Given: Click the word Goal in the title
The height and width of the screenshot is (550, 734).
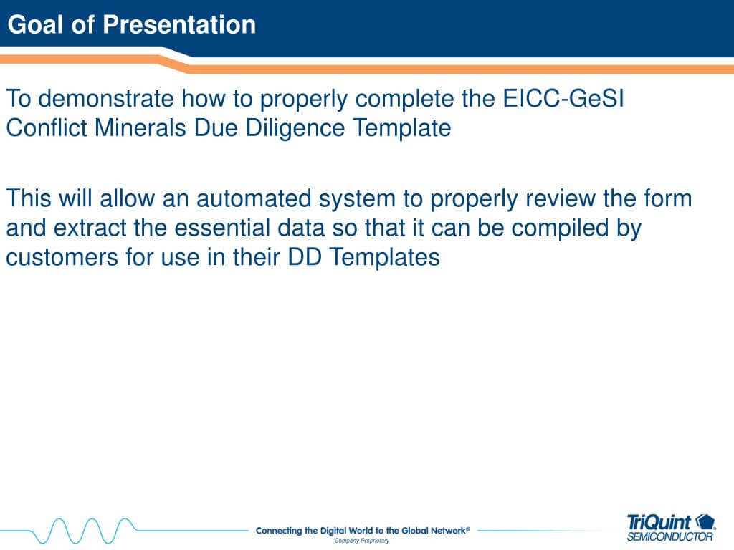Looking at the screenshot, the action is pos(35,24).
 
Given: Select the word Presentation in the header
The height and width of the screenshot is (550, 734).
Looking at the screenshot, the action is pos(179,24).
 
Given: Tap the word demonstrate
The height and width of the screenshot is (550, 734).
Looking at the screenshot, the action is pos(106,99).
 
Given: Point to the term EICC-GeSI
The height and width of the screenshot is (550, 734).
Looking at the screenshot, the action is pos(563,98).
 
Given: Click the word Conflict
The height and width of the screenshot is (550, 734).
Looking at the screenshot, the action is pos(47,127).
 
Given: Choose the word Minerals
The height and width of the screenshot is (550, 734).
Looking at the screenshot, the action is pos(140,127).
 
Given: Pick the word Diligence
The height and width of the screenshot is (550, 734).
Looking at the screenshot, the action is pos(295,127).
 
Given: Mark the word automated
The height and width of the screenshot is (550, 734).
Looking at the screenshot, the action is pos(254,198).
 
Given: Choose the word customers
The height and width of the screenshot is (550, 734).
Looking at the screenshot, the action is pos(62,257).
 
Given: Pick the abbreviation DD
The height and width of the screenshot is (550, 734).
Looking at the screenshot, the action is pos(304,257).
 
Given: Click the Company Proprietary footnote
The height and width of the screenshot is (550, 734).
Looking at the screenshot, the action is pos(362,541).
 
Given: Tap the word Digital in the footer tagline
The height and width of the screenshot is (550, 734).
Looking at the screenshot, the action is pos(333,531).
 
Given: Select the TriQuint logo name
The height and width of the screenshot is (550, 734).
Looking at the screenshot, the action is pos(659,522).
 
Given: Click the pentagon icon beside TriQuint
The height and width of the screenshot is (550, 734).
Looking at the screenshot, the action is pos(705,521).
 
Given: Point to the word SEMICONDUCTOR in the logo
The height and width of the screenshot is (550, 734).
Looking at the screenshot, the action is pos(670,536).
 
